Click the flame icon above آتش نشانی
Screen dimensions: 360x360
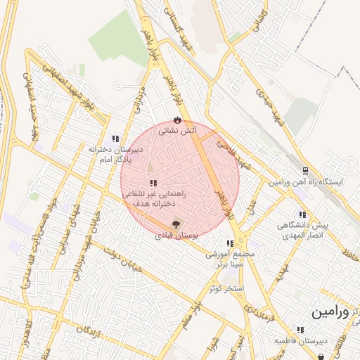click(176, 120)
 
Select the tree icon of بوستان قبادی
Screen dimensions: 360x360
click(175, 224)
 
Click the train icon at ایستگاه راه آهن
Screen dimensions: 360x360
click(305, 170)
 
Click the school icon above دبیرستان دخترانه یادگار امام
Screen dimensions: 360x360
click(115, 139)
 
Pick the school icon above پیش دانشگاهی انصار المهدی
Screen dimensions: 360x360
click(302, 214)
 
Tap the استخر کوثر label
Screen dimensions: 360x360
click(226, 288)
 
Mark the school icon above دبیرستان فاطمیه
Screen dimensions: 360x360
click(300, 329)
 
